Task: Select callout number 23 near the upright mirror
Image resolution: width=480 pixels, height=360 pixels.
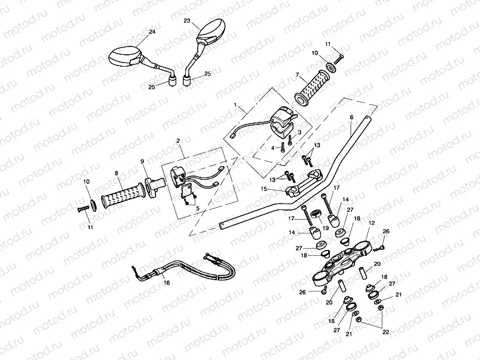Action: click(x=187, y=21)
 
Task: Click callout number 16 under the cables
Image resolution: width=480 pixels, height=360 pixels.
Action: click(x=166, y=283)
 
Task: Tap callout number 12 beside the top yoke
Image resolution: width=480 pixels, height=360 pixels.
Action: click(x=372, y=222)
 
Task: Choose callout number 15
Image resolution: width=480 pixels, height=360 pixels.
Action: click(x=263, y=189)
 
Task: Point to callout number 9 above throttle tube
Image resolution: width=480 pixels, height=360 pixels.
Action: click(x=142, y=161)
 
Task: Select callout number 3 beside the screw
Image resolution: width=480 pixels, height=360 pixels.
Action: click(x=300, y=133)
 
